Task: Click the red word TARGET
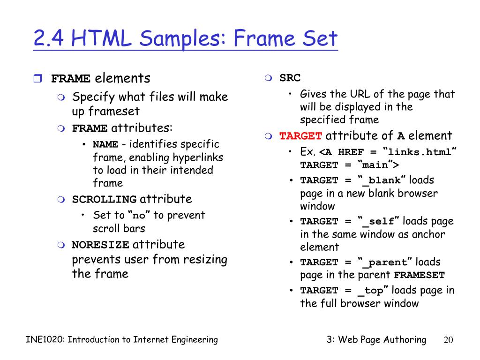coord(300,136)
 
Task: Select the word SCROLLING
coord(104,199)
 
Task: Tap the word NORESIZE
coord(100,245)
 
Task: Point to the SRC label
coord(290,78)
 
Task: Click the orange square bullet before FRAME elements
coord(38,78)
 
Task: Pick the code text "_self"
coord(380,221)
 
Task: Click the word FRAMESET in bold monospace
coord(419,276)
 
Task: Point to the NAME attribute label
coord(105,144)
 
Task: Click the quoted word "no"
coord(139,216)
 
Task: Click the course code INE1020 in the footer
coord(45,340)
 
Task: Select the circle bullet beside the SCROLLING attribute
coord(61,199)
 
